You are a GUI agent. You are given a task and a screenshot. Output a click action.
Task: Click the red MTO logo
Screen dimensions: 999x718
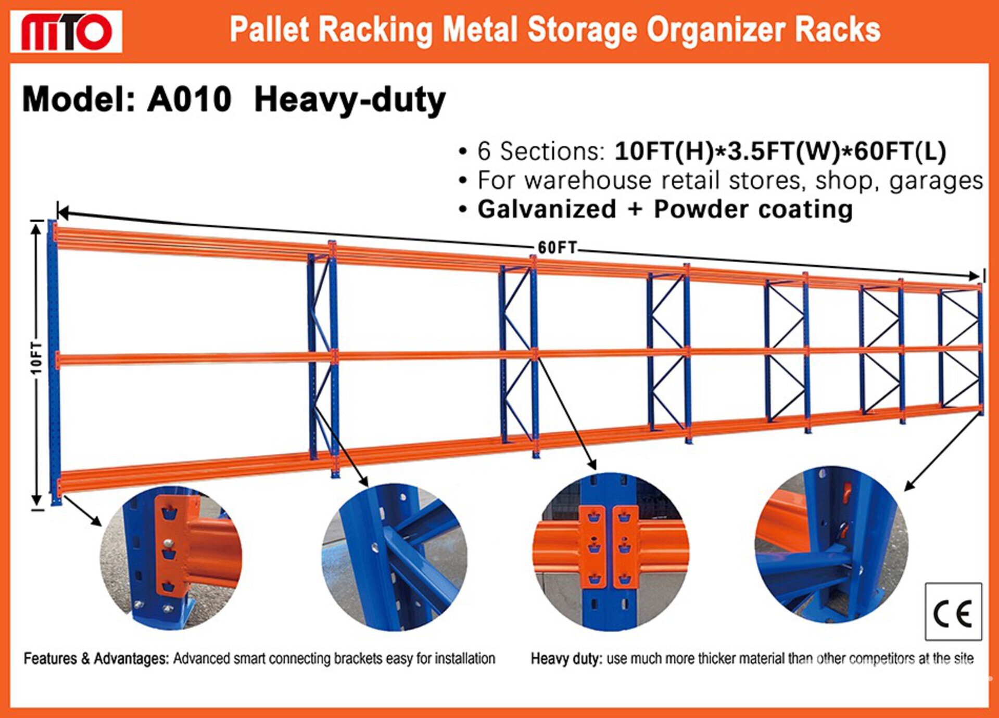[66, 32]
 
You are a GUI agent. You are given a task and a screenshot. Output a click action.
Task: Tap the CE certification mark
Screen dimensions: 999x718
[953, 611]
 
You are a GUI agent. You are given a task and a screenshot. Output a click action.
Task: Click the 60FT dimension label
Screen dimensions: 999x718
[557, 248]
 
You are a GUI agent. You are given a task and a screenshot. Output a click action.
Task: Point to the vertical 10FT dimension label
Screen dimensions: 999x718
[35, 358]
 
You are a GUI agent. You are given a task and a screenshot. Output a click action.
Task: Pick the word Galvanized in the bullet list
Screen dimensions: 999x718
[547, 210]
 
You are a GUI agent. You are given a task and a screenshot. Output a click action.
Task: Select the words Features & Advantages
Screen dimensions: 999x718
[96, 659]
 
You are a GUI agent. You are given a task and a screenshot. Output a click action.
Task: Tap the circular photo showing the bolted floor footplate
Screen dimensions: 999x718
[171, 558]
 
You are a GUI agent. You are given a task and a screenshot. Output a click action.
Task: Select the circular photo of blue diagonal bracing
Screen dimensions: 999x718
[394, 557]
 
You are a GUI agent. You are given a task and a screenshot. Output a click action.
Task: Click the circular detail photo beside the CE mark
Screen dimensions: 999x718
[831, 544]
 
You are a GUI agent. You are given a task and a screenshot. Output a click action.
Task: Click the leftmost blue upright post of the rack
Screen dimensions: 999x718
[54, 362]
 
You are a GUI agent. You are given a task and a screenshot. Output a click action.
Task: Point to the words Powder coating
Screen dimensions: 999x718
[753, 210]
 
